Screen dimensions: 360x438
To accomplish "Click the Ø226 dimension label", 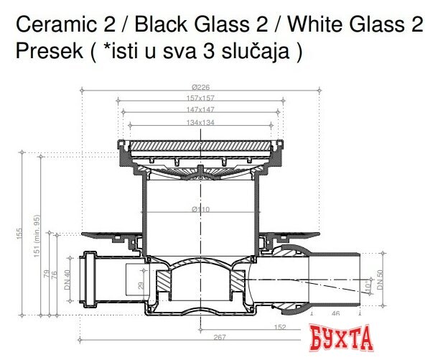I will pyautogui.click(x=200, y=88).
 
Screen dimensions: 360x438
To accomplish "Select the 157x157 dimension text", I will pyautogui.click(x=200, y=98).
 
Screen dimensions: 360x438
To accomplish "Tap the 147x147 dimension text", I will pyautogui.click(x=200, y=111).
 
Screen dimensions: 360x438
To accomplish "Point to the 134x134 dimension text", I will pyautogui.click(x=200, y=123).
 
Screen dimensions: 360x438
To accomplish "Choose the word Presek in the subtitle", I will pyautogui.click(x=42, y=52).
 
